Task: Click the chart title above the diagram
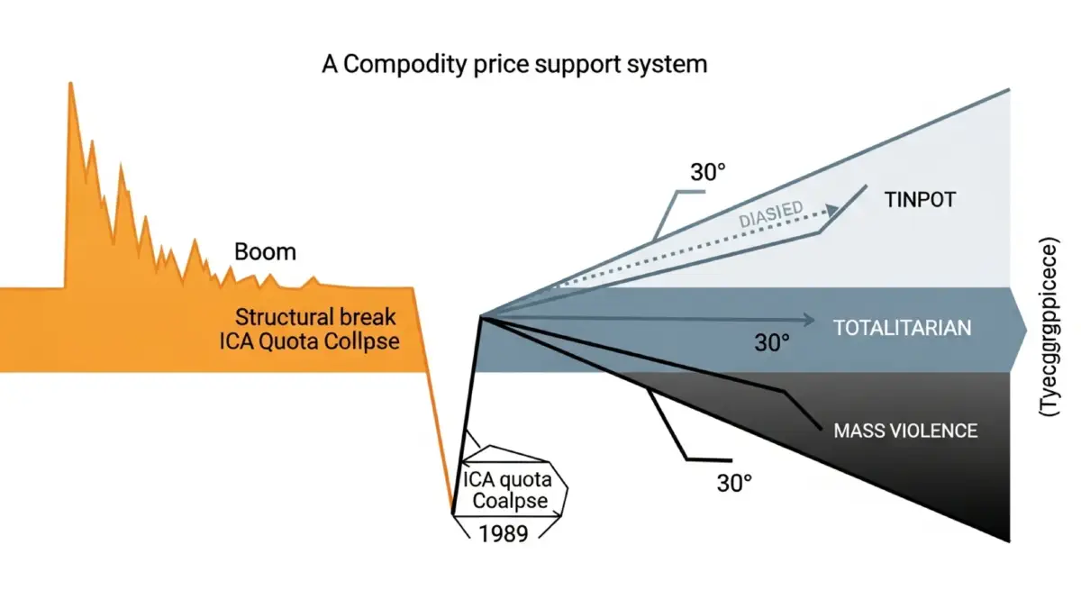pyautogui.click(x=514, y=65)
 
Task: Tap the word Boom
pyautogui.click(x=265, y=251)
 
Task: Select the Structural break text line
pyautogui.click(x=316, y=317)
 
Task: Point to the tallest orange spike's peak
pyautogui.click(x=70, y=83)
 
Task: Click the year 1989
pyautogui.click(x=504, y=531)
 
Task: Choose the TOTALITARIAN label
pyautogui.click(x=903, y=327)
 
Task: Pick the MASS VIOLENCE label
pyautogui.click(x=905, y=431)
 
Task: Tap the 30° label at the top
pyautogui.click(x=708, y=172)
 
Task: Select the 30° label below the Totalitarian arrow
pyautogui.click(x=771, y=342)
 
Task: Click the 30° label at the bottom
pyautogui.click(x=734, y=483)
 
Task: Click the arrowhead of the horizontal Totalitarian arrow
pyautogui.click(x=808, y=318)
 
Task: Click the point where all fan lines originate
pyautogui.click(x=482, y=317)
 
